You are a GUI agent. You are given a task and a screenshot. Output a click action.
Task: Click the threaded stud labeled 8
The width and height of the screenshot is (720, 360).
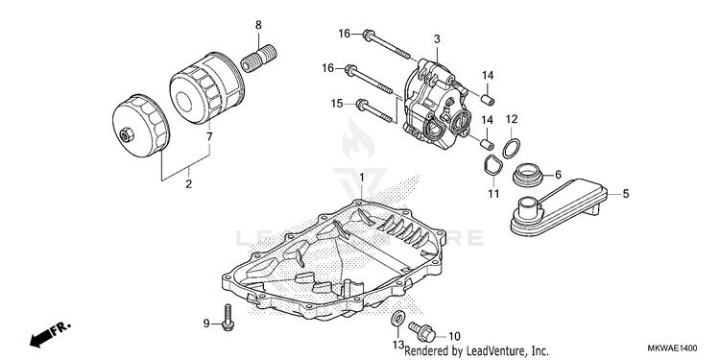coord(257,60)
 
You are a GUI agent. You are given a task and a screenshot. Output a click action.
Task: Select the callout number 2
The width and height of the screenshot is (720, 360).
coord(189,184)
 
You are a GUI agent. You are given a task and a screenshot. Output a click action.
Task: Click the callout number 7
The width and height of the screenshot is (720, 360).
coord(209,136)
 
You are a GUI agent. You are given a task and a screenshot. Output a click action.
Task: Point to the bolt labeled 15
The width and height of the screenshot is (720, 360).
coord(374,111)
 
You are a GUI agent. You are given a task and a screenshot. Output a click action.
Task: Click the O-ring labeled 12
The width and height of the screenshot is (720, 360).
coord(512,148)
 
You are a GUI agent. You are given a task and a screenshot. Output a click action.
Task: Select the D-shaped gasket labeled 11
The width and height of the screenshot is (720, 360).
coord(491,165)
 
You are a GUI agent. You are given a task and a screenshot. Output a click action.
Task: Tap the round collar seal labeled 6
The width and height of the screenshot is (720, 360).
coord(528,175)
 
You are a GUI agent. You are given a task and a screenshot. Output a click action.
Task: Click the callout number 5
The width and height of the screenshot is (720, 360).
coord(626,194)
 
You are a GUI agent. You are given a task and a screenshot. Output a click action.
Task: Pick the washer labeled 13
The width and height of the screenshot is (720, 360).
coord(397,318)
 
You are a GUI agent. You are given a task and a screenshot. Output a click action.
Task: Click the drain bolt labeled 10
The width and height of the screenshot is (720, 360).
coord(421,331)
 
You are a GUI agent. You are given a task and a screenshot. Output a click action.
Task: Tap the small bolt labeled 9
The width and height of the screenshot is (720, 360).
coord(228,317)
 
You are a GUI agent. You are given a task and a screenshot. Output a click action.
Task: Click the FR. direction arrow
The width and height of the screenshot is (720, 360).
coord(50,334)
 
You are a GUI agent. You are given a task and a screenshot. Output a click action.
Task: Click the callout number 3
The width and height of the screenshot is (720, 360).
coord(437,39)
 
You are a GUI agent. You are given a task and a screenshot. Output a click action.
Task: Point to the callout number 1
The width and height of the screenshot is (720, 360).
coord(361,177)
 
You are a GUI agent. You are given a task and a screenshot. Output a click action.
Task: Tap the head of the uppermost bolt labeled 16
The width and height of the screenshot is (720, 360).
coord(368,35)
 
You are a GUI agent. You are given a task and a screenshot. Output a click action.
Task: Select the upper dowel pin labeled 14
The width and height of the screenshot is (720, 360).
coord(488,98)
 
